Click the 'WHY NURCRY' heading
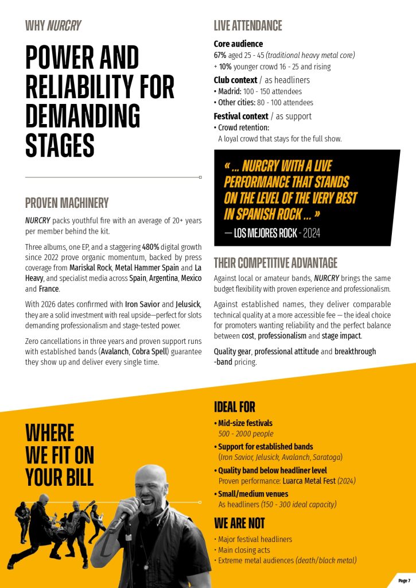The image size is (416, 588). click(x=53, y=25)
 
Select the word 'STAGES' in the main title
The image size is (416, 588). click(x=60, y=145)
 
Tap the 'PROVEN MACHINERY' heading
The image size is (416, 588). click(x=67, y=203)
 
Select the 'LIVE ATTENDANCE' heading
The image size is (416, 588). click(x=248, y=25)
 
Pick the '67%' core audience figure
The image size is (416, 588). click(x=221, y=55)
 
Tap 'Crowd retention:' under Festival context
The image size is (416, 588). click(x=243, y=127)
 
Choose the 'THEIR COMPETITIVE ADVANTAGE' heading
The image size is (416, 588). click(x=275, y=263)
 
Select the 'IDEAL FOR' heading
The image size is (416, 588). click(x=234, y=407)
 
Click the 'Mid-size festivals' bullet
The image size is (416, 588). click(x=245, y=423)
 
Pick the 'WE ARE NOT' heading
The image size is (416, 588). click(x=239, y=523)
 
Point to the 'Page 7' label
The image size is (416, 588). click(x=404, y=581)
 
